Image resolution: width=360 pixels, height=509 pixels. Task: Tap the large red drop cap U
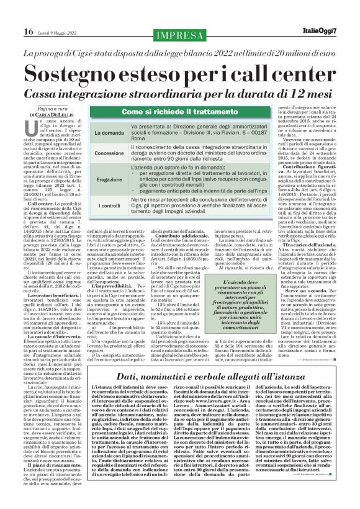[x=29, y=127]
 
